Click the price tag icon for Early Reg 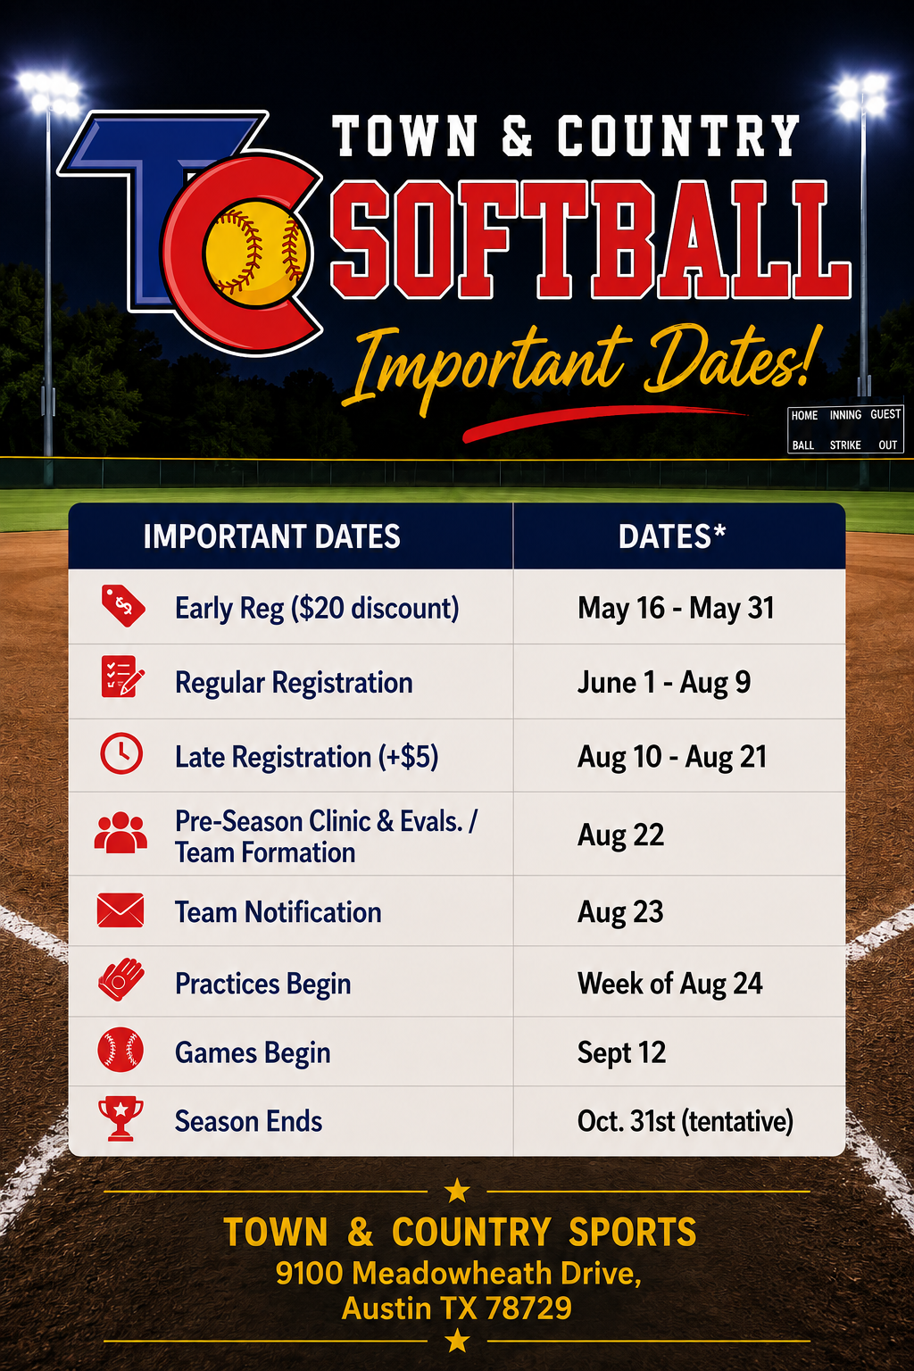click(x=123, y=606)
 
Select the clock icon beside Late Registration click(x=121, y=753)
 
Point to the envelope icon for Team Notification click(x=120, y=910)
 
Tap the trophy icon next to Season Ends click(x=120, y=1119)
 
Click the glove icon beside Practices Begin click(x=121, y=980)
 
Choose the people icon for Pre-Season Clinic click(x=120, y=833)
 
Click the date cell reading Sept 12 click(x=621, y=1052)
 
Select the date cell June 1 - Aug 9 click(x=664, y=683)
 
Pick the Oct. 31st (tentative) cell click(x=685, y=1121)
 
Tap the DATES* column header click(x=671, y=536)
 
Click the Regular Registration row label click(x=294, y=683)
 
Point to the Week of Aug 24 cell click(x=669, y=984)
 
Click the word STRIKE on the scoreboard click(x=845, y=445)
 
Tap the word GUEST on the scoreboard click(x=885, y=414)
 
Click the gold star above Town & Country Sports click(x=457, y=1191)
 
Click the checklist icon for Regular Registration click(x=122, y=677)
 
